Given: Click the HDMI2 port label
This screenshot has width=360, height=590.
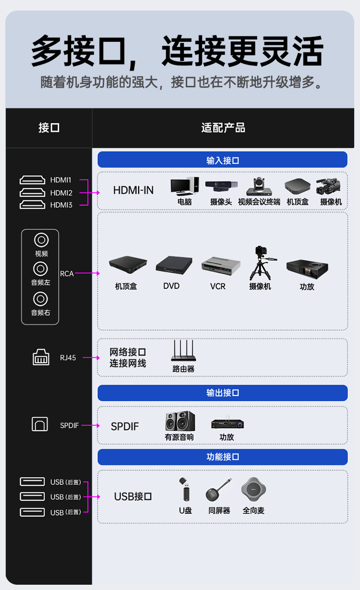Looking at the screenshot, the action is (61, 193).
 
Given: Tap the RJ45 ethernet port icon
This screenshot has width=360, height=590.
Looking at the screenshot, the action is (41, 357).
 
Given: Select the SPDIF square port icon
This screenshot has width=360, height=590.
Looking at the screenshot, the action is (40, 424).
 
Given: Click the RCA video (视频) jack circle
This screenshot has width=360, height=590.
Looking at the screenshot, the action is (41, 240).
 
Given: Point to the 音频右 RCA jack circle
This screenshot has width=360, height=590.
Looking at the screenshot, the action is (40, 299).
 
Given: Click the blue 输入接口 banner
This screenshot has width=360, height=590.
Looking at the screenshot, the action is (223, 159).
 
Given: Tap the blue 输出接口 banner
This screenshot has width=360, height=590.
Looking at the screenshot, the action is (223, 393).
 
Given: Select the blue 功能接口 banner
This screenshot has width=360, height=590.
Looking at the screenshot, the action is (223, 457).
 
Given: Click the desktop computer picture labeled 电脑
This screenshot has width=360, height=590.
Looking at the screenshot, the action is (185, 186).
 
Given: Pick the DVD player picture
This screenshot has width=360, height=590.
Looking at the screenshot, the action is (174, 265).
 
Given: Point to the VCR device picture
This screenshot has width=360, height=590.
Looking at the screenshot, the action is (221, 266).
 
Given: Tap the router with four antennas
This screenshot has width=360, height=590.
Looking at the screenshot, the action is (183, 350).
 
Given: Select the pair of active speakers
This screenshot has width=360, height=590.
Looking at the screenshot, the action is (180, 421).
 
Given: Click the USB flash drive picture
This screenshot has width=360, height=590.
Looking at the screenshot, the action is (185, 489).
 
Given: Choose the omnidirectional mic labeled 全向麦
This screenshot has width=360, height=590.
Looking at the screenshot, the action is (253, 489).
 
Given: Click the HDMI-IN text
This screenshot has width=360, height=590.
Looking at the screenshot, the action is (133, 190).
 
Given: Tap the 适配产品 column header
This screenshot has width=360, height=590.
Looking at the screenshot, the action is (223, 128).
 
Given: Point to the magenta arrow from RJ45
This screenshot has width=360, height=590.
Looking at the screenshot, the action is (91, 358).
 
